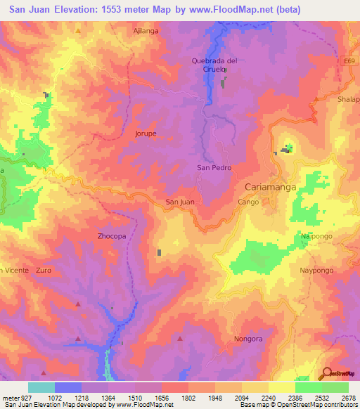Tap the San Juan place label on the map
[x=179, y=202]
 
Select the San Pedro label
[x=214, y=168]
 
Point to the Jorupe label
[x=145, y=133]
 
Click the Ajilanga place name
[x=146, y=31]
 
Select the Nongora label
[x=247, y=339]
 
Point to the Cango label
[x=248, y=202]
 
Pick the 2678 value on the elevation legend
[x=347, y=397]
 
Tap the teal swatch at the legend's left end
[x=41, y=387]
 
